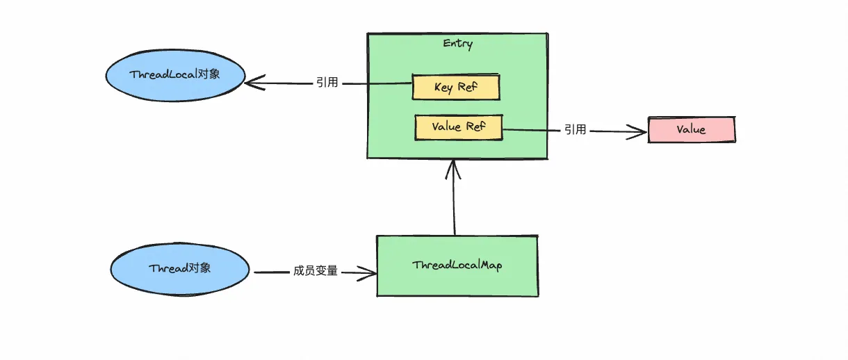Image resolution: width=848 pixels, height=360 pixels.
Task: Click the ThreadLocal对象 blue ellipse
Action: (x=174, y=75)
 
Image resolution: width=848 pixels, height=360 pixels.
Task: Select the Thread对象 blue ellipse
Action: (x=179, y=268)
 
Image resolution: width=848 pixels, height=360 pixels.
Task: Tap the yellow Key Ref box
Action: (x=456, y=87)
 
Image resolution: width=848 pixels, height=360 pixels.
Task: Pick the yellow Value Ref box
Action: (x=458, y=127)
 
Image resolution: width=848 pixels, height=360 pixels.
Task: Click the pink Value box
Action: (x=691, y=130)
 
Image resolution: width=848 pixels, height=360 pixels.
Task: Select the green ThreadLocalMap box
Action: (x=457, y=265)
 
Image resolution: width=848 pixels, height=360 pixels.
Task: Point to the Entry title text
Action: (x=457, y=44)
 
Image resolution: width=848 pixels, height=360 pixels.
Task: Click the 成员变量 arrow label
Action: (x=315, y=271)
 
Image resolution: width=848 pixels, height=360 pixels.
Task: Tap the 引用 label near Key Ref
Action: (x=327, y=83)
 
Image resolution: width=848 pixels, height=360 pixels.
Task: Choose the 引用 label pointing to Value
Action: (x=575, y=129)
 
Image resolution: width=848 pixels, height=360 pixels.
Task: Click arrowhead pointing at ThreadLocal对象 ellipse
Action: (x=252, y=83)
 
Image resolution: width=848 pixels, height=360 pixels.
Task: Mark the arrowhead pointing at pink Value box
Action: (x=640, y=131)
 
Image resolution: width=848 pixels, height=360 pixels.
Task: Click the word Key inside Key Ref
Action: (x=443, y=88)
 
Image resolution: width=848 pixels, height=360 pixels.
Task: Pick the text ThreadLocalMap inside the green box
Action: (x=457, y=265)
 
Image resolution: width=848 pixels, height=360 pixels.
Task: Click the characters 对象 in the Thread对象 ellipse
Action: (x=199, y=268)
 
